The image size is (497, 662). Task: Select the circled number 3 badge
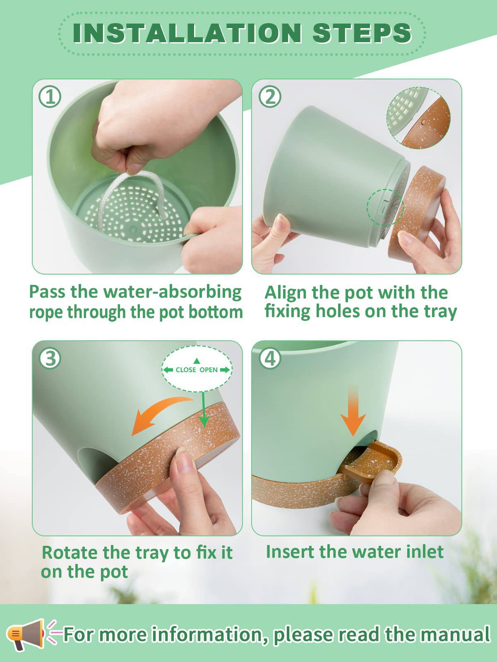(50, 358)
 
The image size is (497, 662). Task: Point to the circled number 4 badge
(270, 358)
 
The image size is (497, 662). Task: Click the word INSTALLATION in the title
(187, 33)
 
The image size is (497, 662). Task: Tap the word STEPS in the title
(362, 33)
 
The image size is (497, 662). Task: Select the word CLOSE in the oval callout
(185, 370)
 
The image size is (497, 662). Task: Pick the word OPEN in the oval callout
(209, 370)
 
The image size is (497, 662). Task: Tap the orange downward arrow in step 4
(353, 412)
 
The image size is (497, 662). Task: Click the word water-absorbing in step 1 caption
(172, 293)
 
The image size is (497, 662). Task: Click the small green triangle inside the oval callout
(197, 361)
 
